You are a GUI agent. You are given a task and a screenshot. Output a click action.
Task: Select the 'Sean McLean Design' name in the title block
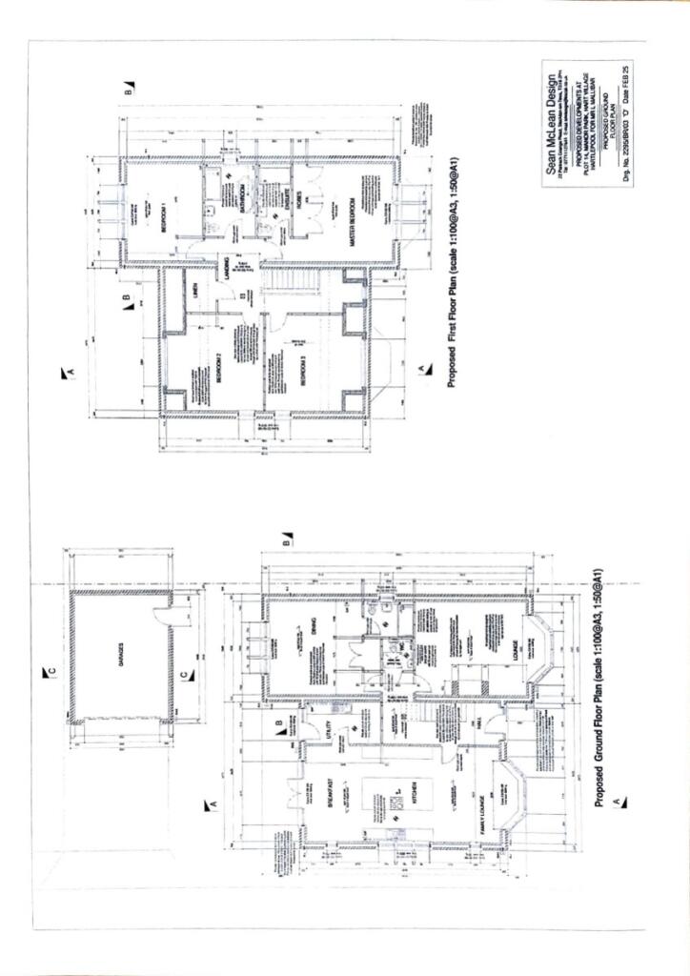[x=550, y=124]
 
